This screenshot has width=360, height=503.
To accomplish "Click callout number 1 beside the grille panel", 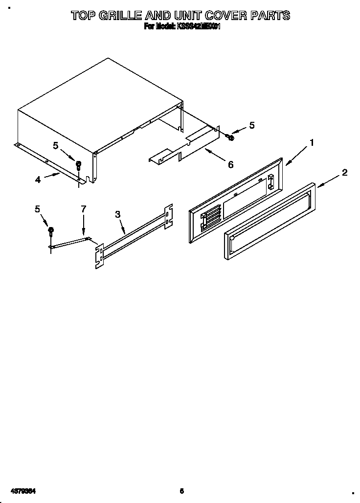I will tap(311, 143).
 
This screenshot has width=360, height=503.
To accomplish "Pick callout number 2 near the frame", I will tap(345, 172).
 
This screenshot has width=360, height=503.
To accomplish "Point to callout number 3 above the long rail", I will tap(117, 214).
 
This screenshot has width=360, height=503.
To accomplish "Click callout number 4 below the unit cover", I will tap(38, 180).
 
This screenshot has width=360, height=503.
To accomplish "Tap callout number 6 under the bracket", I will tap(230, 165).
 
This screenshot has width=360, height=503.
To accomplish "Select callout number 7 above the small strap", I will tap(83, 209).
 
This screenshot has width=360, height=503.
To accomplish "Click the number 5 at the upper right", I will tap(251, 125).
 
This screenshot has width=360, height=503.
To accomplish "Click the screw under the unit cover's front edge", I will tap(78, 165).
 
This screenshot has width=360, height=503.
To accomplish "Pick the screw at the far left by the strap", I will tap(50, 231).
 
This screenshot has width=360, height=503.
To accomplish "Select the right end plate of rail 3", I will tap(168, 216).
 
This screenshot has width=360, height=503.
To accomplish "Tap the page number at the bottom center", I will tap(181, 490).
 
